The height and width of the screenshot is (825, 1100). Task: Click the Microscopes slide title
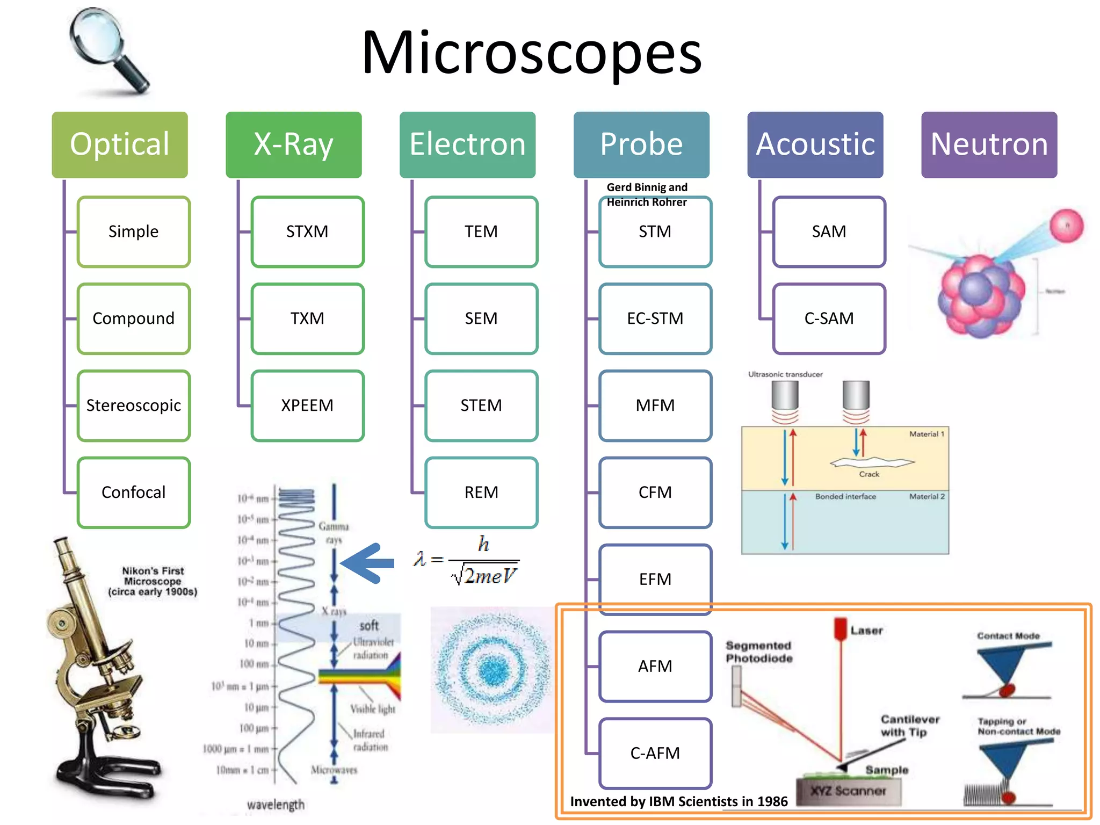[x=532, y=53]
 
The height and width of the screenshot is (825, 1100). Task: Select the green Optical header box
[x=120, y=144]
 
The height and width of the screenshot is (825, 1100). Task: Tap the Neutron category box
[x=989, y=144]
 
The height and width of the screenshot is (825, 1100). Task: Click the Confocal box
[x=134, y=492]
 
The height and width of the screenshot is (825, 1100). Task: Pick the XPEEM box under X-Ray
[x=307, y=406]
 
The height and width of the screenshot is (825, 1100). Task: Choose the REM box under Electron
[x=481, y=492]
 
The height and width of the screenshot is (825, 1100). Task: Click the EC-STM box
[x=655, y=319]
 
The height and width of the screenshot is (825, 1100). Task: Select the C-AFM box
[x=655, y=753]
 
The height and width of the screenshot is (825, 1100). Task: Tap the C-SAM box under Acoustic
[x=829, y=319]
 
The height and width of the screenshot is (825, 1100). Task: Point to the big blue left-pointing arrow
[x=368, y=563]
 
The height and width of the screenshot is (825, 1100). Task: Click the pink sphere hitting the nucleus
[x=1066, y=226]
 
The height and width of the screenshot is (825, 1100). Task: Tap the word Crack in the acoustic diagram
[x=869, y=474]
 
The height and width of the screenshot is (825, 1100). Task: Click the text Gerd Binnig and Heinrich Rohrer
[x=647, y=194]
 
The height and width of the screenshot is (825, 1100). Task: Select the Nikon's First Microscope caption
[x=153, y=581]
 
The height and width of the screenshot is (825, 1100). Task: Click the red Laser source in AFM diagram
[x=840, y=628]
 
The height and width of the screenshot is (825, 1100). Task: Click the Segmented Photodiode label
[x=758, y=652]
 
